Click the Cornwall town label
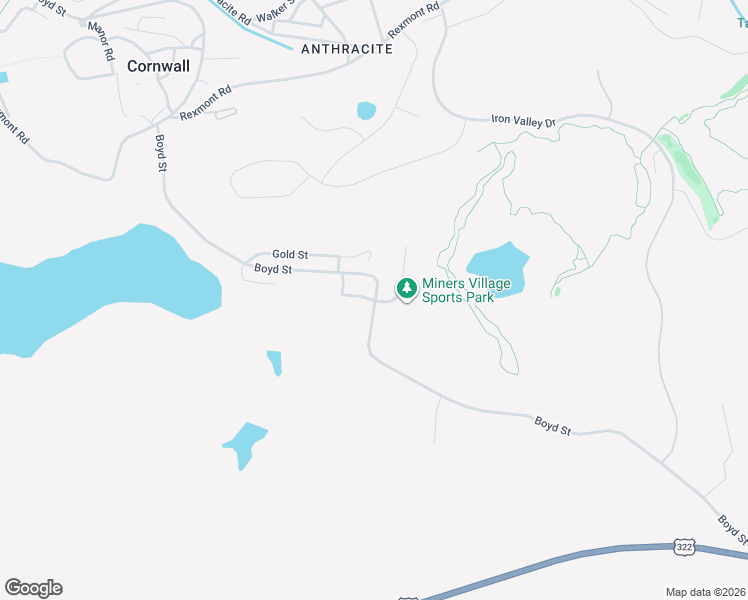[158, 66]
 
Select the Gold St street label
[290, 255]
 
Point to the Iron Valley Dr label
[522, 120]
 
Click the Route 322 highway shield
[684, 547]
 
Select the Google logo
[33, 588]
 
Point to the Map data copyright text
[705, 592]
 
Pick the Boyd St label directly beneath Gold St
[272, 270]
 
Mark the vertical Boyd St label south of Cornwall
[160, 152]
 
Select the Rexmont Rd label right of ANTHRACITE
[414, 19]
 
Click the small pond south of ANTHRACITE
[366, 110]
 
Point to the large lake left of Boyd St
[110, 285]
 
